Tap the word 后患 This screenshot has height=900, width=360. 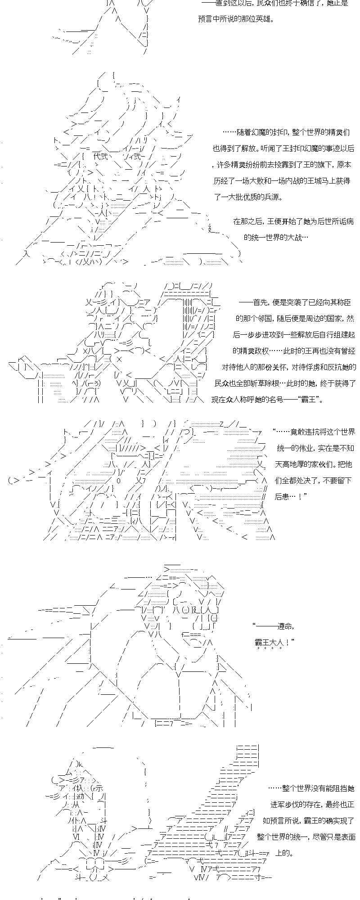coord(283,496)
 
